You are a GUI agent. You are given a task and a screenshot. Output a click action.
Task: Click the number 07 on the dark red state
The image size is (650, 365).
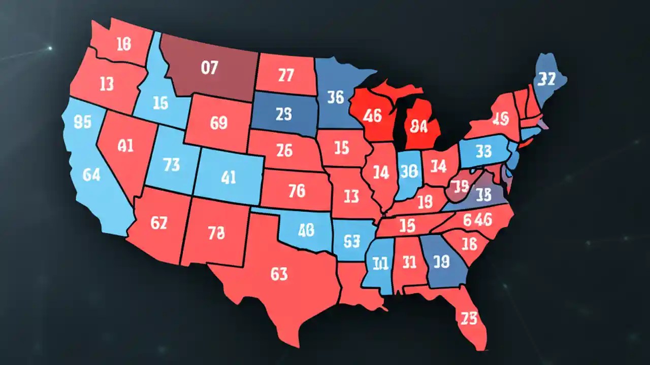pyautogui.click(x=209, y=68)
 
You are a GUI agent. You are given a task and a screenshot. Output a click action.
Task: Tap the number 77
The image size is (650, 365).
pyautogui.click(x=286, y=76)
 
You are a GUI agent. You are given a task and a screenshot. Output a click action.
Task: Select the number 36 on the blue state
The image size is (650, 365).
pyautogui.click(x=336, y=97)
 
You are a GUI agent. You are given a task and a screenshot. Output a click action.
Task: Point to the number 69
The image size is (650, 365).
pyautogui.click(x=218, y=123)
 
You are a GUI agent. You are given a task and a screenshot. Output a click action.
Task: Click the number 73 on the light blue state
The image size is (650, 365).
pyautogui.click(x=171, y=164)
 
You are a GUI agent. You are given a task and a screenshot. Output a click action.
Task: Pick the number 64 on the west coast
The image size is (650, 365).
pyautogui.click(x=91, y=175)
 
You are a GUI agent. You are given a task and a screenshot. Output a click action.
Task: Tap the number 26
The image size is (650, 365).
pyautogui.click(x=284, y=151)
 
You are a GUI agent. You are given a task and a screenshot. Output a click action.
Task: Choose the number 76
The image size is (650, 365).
pyautogui.click(x=296, y=191)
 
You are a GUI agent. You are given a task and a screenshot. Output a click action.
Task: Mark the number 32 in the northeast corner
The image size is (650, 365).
pyautogui.click(x=546, y=79)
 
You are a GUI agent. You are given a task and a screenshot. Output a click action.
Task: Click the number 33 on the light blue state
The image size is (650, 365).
pyautogui.click(x=483, y=151)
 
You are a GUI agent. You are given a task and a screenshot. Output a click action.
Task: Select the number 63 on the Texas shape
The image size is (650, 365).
pyautogui.click(x=279, y=274)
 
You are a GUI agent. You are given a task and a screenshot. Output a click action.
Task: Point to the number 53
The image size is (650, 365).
pyautogui.click(x=351, y=241)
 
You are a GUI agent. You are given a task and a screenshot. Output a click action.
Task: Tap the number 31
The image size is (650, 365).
pyautogui.click(x=409, y=262)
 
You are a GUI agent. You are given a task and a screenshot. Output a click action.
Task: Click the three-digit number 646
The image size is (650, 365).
pyautogui.click(x=477, y=220)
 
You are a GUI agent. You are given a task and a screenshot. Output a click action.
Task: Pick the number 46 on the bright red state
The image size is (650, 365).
pyautogui.click(x=372, y=116)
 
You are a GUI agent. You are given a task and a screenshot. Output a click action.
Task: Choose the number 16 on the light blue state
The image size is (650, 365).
pyautogui.click(x=160, y=103)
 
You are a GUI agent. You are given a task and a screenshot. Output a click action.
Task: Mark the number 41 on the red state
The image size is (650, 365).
pyautogui.click(x=125, y=147)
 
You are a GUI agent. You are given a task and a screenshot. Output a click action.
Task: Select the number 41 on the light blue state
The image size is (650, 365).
pyautogui.click(x=229, y=177)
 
